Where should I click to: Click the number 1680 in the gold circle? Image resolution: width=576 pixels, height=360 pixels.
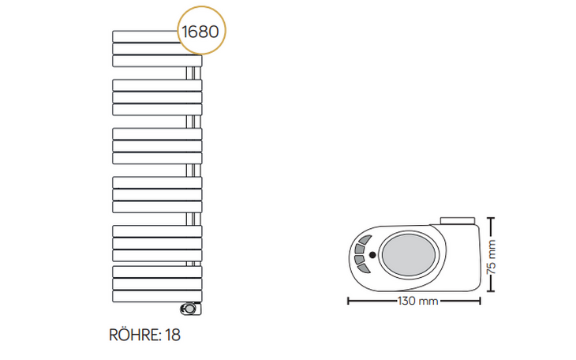[200, 32]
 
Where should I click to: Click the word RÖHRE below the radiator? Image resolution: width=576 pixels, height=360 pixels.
[134, 335]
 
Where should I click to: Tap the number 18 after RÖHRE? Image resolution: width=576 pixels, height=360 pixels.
[173, 335]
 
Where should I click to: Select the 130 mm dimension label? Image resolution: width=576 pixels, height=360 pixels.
[418, 301]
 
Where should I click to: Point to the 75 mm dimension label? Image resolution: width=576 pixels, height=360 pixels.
[491, 257]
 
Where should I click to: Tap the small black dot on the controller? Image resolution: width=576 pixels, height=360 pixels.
[372, 254]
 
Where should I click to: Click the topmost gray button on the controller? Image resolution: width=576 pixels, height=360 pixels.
[365, 240]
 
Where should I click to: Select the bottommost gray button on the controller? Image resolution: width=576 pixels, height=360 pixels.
[364, 268]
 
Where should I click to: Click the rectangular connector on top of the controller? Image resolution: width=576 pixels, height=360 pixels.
[458, 221]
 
